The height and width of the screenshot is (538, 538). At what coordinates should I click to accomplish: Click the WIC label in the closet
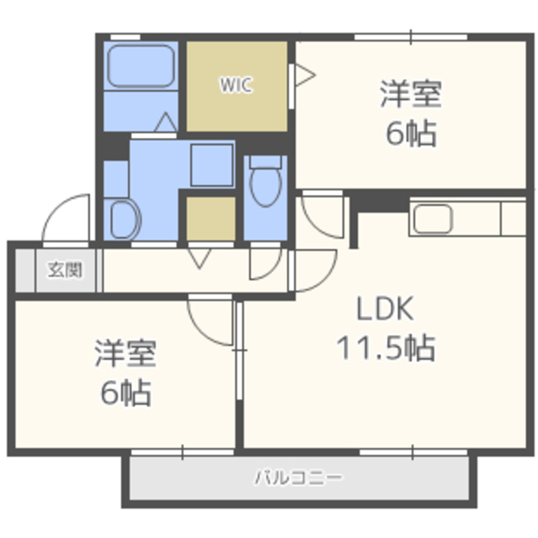(236, 85)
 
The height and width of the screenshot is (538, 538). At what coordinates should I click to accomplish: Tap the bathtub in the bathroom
(140, 66)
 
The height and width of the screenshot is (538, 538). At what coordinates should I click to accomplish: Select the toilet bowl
(266, 187)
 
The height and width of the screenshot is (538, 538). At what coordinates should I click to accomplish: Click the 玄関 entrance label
(65, 270)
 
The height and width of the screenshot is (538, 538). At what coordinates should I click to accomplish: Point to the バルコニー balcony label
(298, 477)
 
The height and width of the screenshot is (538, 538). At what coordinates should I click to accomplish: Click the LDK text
(385, 309)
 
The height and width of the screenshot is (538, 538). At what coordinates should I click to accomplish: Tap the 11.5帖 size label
(387, 348)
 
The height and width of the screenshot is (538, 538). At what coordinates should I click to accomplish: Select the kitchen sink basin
(432, 219)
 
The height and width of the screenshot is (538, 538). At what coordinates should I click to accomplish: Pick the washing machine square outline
(212, 166)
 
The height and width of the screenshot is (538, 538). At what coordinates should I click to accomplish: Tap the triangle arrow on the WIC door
(305, 75)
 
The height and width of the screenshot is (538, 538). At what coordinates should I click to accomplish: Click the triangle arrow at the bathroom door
(166, 122)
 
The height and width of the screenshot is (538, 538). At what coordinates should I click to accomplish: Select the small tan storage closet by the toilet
(211, 219)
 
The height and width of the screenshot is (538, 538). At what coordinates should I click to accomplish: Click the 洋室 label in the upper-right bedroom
(411, 93)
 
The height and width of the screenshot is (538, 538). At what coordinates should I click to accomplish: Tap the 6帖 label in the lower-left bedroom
(126, 393)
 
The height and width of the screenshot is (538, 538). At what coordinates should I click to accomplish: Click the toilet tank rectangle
(266, 161)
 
